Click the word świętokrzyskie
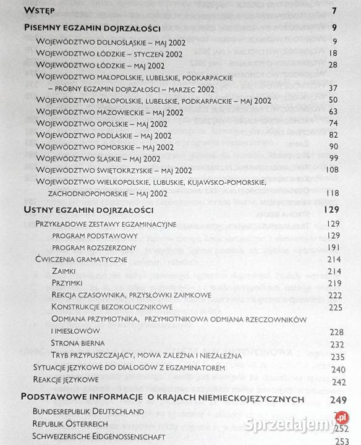click(126, 170)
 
